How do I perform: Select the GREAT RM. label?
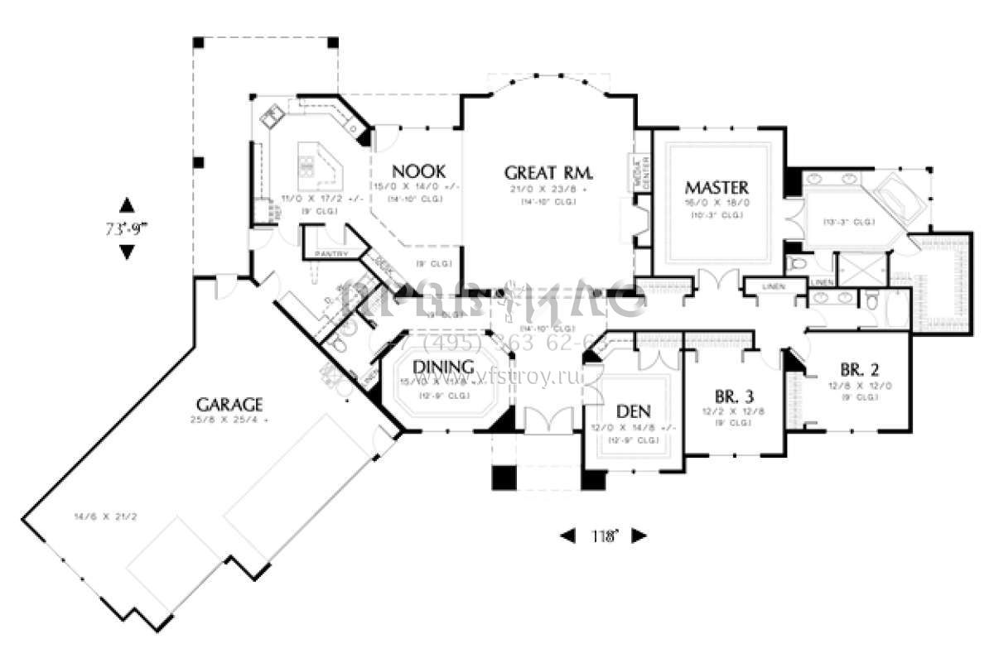548,172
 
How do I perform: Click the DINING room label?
443,367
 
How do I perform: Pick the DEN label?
634,411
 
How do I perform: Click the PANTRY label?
330,252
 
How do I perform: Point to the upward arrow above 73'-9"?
126,204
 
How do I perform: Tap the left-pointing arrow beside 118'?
568,536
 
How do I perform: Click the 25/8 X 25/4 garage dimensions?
229,420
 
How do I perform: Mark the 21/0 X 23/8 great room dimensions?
548,189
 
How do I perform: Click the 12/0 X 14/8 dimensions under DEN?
634,427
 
